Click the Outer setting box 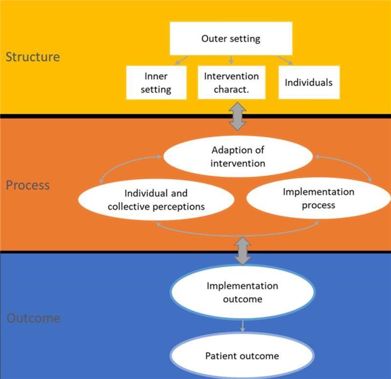231,39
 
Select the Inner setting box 156,83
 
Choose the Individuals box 308,82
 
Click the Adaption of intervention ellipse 238,156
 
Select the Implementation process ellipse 318,199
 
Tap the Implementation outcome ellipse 242,292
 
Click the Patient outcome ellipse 242,356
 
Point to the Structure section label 33,57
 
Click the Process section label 28,185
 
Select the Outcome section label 33,318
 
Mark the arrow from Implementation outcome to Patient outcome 242,326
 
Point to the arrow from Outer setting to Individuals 286,61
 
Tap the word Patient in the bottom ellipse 219,356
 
